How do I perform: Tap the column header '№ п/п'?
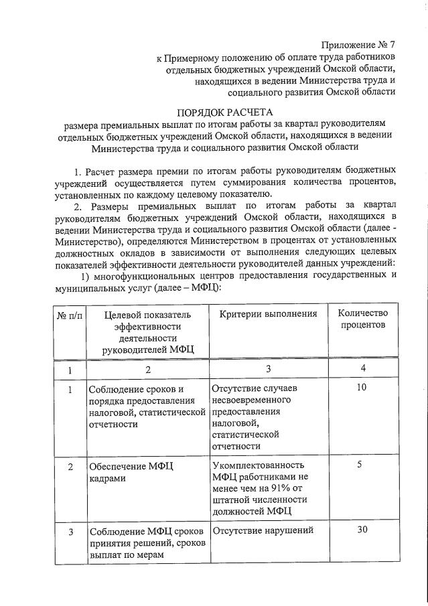click(x=66, y=315)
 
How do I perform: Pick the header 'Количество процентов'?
click(x=362, y=319)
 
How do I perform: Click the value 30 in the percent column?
click(x=362, y=531)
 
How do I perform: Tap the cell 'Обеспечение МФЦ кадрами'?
click(x=130, y=472)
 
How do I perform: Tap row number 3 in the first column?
click(x=69, y=532)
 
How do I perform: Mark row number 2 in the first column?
click(x=69, y=465)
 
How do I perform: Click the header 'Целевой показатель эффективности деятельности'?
click(x=147, y=331)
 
